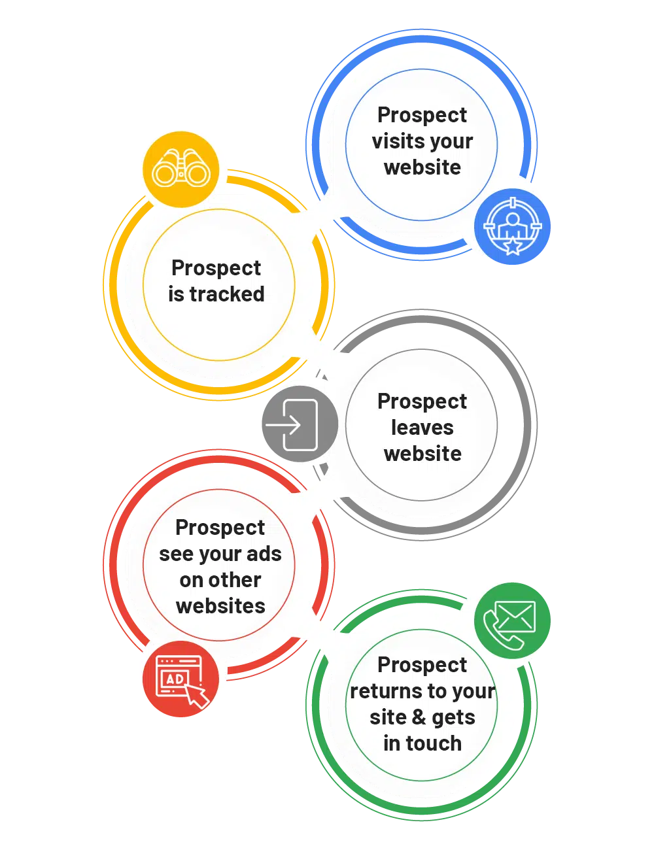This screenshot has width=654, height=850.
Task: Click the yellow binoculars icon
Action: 181,170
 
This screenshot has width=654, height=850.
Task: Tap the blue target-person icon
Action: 513,227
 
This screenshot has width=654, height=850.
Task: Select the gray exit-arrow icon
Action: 300,425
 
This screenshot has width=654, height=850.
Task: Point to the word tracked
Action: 227,294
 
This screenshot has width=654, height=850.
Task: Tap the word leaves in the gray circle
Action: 422,428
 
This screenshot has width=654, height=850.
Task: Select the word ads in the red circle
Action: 264,554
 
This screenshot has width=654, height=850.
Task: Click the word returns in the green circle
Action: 387,691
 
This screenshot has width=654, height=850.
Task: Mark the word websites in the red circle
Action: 220,606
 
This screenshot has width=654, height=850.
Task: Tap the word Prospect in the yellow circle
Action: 216,268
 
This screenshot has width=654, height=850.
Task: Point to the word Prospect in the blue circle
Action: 422,115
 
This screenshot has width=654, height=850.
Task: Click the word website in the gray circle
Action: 422,454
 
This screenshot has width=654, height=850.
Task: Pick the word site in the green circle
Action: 388,717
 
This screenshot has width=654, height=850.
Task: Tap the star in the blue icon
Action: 513,246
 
